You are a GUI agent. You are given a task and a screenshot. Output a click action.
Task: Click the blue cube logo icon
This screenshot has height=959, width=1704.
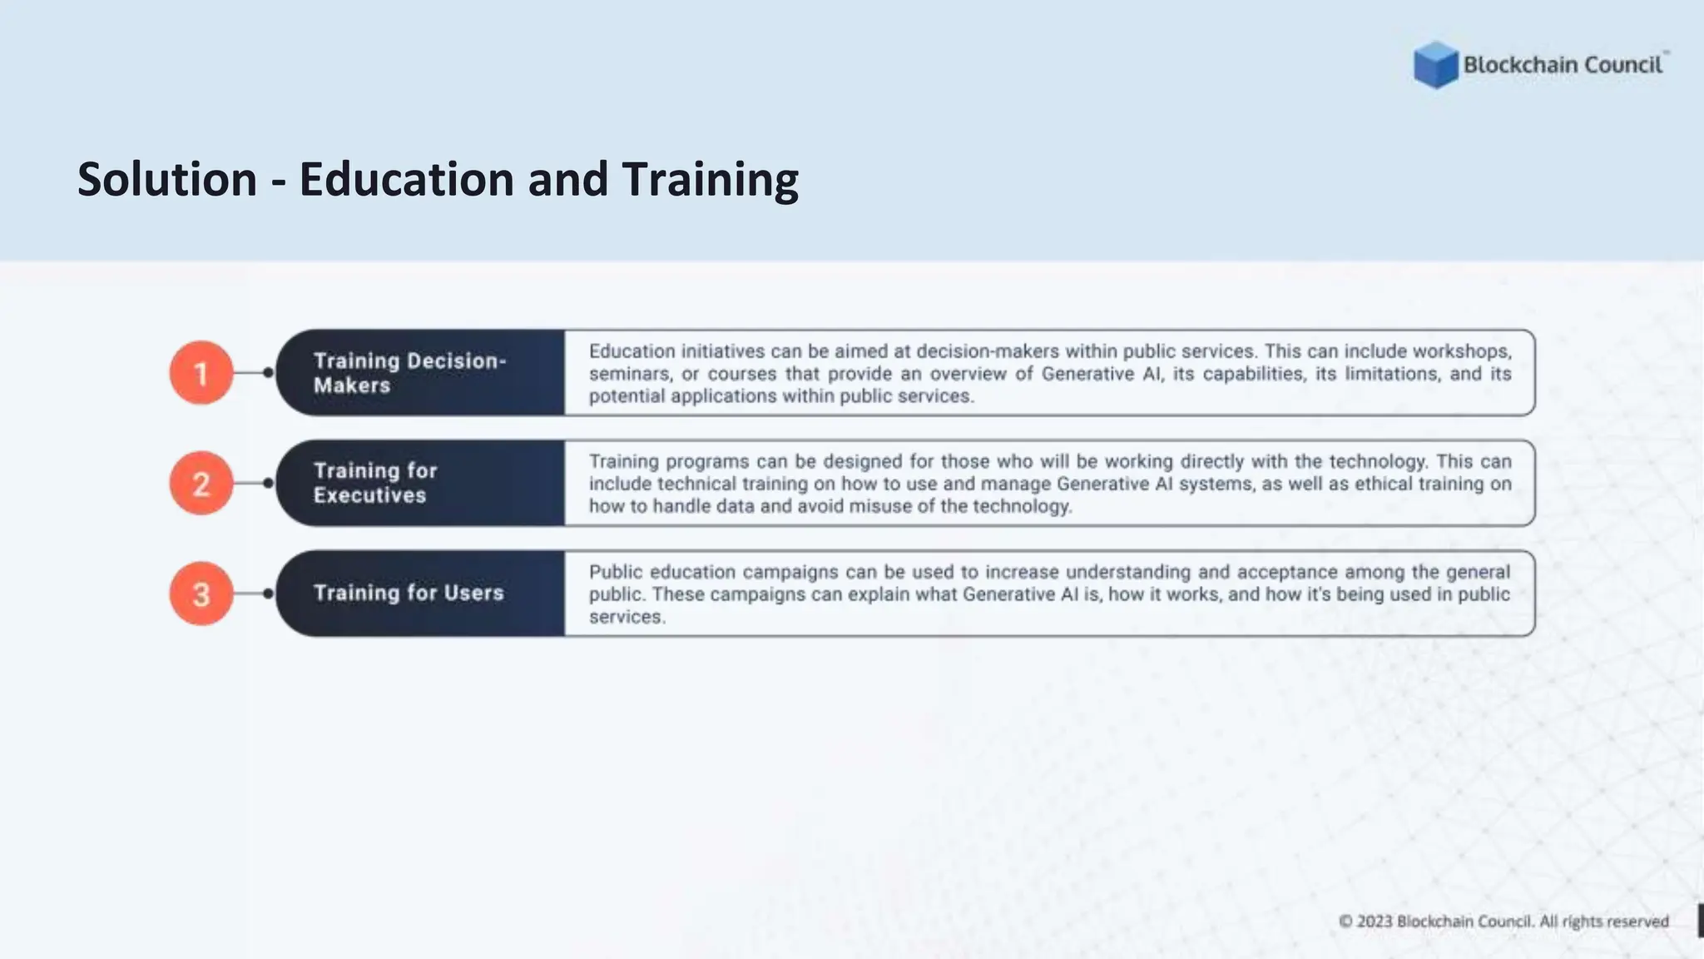(x=1435, y=64)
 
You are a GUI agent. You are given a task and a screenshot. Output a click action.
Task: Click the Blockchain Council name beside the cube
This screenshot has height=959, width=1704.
(x=1563, y=65)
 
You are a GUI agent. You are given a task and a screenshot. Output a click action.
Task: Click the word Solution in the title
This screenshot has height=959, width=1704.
(x=167, y=179)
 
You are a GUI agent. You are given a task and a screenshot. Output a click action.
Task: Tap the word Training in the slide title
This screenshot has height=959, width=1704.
(x=710, y=179)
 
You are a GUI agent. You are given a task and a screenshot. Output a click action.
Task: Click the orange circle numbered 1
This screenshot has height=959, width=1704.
(x=201, y=373)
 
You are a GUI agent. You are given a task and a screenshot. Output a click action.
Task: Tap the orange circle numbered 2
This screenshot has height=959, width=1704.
(x=201, y=484)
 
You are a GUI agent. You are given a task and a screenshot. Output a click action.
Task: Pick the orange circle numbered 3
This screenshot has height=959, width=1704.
(x=201, y=594)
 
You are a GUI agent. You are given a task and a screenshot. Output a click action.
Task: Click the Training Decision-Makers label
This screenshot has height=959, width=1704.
(x=409, y=373)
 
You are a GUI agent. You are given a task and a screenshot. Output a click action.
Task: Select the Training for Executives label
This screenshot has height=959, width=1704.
(x=375, y=483)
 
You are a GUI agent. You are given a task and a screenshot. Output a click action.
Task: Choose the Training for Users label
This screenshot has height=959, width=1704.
(x=409, y=593)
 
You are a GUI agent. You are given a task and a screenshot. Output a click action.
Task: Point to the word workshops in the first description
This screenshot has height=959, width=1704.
(x=1462, y=351)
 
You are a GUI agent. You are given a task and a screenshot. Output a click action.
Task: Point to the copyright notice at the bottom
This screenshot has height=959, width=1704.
(x=1503, y=922)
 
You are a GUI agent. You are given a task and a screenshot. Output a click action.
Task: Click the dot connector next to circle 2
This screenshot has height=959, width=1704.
(x=268, y=484)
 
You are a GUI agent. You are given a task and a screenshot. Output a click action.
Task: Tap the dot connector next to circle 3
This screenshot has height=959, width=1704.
(x=268, y=594)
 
